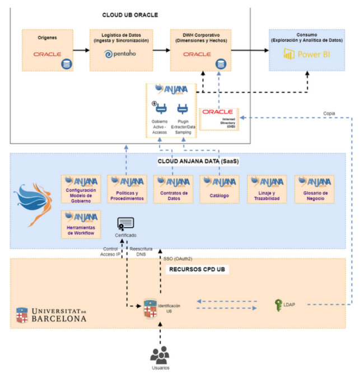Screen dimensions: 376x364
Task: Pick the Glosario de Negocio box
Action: point(314,189)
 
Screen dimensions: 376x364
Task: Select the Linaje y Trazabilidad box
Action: point(267,189)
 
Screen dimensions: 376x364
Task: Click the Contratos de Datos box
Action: point(172,189)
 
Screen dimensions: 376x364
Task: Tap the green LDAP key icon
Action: point(278,305)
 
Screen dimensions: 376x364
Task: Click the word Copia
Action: point(330,113)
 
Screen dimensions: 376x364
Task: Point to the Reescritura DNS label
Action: point(142,252)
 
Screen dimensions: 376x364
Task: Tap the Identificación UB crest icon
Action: point(149,306)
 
